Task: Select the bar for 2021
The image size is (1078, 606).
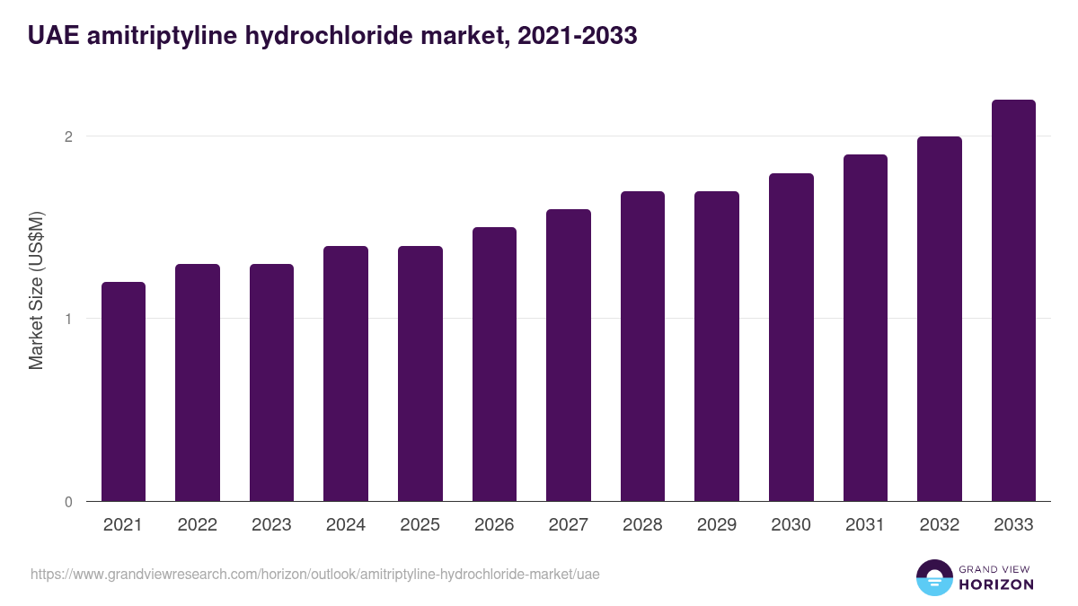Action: [x=123, y=391]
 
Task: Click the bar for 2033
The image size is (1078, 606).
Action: [x=1013, y=301]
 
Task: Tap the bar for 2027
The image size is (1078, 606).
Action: [x=568, y=356]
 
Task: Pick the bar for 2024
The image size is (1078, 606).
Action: [x=346, y=373]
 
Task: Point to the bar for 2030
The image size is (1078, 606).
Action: [x=791, y=338]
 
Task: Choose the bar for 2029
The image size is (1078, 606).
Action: [x=717, y=347]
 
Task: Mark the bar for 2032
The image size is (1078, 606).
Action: [x=940, y=319]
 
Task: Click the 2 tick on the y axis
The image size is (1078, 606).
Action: [x=67, y=136]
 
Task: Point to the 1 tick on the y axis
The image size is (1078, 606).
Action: [x=67, y=319]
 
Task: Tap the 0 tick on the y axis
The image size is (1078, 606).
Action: [x=67, y=502]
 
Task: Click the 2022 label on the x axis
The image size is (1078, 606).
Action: [x=198, y=525]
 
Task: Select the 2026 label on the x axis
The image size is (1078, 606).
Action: [x=494, y=525]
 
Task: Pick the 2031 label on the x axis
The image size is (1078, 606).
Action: [x=865, y=525]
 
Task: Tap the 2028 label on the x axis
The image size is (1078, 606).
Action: [x=642, y=525]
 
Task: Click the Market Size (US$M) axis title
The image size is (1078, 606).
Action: [x=37, y=290]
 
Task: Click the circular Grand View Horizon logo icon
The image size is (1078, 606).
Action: [x=933, y=577]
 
